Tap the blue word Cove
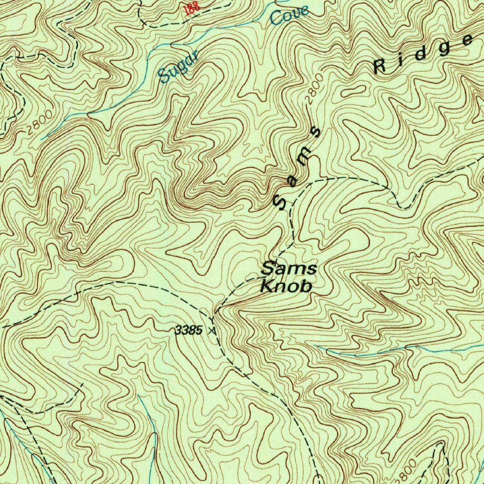289,16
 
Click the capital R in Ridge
380,67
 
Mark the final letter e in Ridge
467,40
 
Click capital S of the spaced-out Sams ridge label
281,201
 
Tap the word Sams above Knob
289,269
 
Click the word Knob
286,286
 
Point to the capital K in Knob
268,286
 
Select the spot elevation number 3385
189,331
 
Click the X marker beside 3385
213,331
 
